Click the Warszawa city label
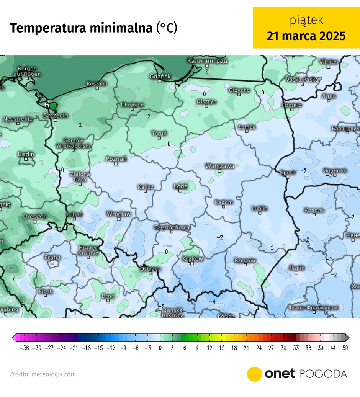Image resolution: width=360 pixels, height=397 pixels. [219, 166]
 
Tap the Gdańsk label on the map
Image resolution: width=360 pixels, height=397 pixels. [160, 77]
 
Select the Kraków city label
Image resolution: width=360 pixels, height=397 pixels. [192, 259]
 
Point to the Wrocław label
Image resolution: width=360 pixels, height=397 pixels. [118, 214]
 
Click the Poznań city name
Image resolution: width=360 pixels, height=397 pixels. [116, 158]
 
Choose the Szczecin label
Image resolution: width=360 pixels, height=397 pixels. [56, 115]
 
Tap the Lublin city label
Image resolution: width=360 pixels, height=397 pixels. [260, 209]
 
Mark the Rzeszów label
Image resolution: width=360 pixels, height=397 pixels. [245, 261]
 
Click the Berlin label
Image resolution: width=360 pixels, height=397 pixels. [26, 154]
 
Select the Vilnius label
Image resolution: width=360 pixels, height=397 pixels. [328, 62]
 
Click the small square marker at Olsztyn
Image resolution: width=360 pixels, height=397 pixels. [206, 106]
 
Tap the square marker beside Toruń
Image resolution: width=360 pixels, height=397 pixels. [159, 138]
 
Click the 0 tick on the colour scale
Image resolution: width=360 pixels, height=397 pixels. [160, 348]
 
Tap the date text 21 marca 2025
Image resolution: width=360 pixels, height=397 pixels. [306, 36]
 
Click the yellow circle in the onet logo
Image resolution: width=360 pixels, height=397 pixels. [254, 374]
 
